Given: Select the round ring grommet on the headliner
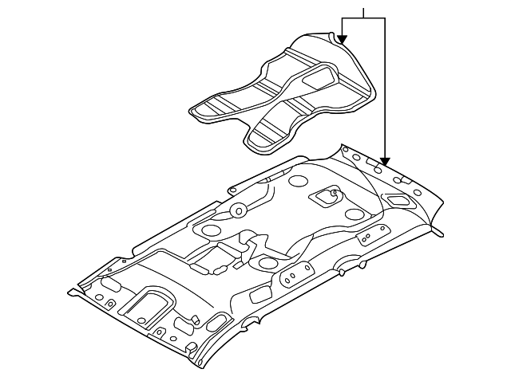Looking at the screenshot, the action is point(237,210).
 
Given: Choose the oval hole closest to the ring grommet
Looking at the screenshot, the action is point(212,230).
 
